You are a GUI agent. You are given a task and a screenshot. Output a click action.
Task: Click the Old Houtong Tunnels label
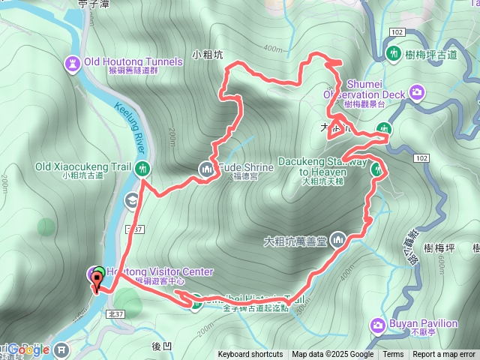(x=133, y=61)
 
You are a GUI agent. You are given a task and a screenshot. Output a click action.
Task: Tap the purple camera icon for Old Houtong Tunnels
(x=73, y=61)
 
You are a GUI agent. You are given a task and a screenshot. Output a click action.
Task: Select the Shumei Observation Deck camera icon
(x=417, y=93)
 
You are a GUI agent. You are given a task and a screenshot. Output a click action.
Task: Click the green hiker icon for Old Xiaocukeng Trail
(x=143, y=168)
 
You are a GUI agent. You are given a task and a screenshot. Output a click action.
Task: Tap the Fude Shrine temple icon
(x=206, y=169)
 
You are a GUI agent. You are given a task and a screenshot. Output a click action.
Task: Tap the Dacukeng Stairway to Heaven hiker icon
(x=378, y=169)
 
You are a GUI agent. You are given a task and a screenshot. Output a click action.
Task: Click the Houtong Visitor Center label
(x=164, y=271)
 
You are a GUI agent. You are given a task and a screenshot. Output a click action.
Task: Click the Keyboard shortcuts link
(x=250, y=355)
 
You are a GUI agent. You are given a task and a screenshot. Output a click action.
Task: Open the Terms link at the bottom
(x=393, y=355)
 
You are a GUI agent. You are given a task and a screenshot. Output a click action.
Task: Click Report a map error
(x=444, y=355)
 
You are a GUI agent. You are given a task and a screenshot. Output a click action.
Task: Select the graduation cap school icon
(x=131, y=200)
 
